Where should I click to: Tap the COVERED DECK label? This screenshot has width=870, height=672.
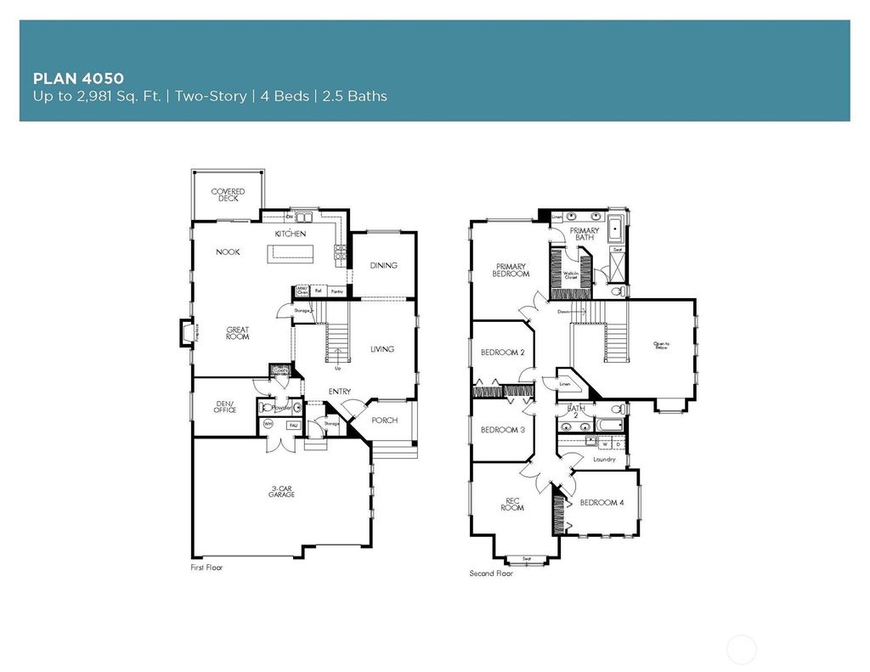pos(228,195)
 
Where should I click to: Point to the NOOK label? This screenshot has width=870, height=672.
pos(227,251)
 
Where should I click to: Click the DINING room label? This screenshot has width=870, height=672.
pos(383,265)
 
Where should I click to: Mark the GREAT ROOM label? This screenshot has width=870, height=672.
pos(237,333)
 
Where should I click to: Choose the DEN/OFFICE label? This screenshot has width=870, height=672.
pos(224,408)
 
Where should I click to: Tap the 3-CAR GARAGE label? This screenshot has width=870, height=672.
pos(282,491)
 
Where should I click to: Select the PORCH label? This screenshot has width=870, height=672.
pos(385,420)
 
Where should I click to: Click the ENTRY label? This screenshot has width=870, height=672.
pos(341,391)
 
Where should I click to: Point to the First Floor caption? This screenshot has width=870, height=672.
pos(206,567)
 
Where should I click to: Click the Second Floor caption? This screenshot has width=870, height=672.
pos(492,573)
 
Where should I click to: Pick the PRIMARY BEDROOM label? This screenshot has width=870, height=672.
pos(511,270)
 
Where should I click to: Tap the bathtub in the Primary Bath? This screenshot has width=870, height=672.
pos(616,229)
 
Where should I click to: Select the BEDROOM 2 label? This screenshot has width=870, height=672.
pos(502,352)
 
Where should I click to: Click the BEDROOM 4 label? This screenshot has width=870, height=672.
pos(602,502)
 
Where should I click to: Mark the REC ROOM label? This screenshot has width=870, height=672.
pos(511,503)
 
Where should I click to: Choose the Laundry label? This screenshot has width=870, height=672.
pos(604,459)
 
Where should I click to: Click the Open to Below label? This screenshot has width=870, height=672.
pos(662,345)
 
